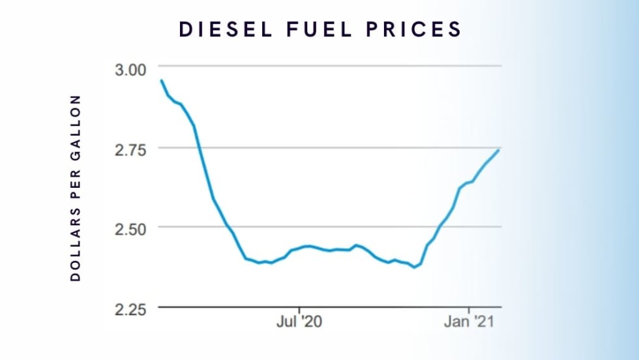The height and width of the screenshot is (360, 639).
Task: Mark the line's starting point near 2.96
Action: (x=161, y=80)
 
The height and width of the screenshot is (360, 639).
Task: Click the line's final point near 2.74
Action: (x=499, y=150)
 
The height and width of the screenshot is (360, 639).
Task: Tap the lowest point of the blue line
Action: (x=414, y=267)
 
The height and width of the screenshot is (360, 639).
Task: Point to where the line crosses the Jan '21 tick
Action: (x=469, y=182)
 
